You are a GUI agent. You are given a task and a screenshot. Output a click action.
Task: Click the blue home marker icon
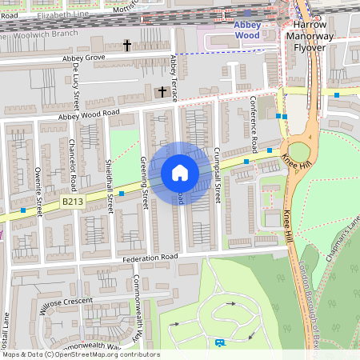180,173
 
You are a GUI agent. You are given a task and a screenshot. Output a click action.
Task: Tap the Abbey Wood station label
246,30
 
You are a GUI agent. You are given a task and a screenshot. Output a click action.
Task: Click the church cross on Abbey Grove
126,46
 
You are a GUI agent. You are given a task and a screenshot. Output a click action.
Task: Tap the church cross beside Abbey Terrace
163,92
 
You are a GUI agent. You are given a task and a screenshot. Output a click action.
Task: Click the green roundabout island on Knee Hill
299,151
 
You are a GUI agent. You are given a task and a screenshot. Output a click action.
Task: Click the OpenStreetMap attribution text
80,354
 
